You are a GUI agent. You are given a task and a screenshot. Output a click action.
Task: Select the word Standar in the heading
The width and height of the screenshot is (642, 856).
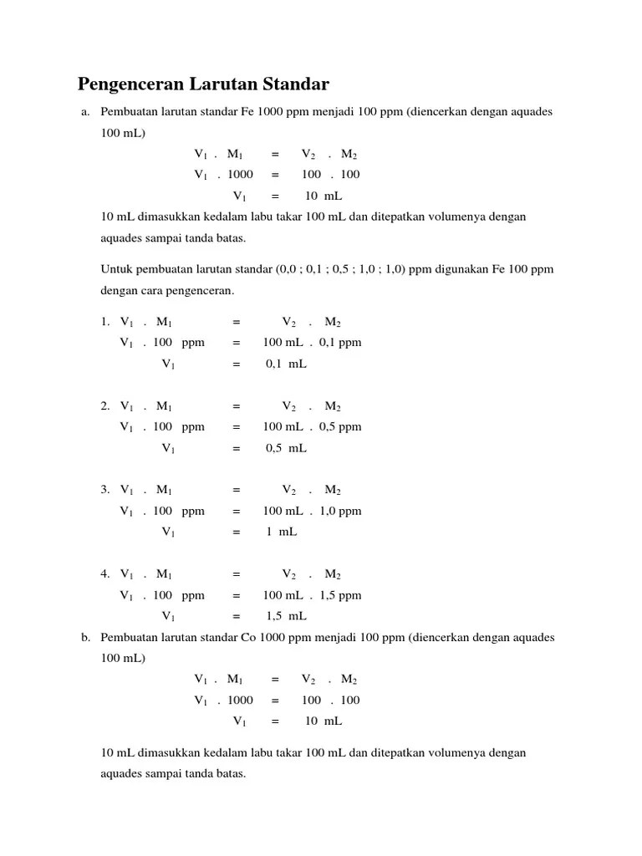click(295, 84)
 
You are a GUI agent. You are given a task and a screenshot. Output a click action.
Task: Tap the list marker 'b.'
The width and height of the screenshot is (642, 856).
click(85, 638)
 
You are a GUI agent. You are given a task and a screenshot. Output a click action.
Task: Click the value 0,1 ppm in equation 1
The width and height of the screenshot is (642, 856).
click(340, 343)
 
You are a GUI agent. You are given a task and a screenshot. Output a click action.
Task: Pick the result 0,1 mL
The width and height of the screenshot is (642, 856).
click(286, 364)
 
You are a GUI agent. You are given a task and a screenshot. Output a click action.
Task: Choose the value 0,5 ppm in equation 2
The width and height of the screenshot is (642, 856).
click(340, 427)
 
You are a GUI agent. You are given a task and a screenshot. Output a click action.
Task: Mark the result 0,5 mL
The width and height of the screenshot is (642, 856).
click(286, 448)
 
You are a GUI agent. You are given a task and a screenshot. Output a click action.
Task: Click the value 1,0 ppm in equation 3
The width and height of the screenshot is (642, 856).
click(340, 511)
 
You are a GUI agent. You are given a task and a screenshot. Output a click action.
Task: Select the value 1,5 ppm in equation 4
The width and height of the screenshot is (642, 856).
click(340, 595)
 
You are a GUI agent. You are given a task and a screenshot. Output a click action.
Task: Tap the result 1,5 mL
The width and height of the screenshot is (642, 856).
click(286, 616)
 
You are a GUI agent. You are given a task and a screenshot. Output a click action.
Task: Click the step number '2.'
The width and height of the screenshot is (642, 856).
click(105, 406)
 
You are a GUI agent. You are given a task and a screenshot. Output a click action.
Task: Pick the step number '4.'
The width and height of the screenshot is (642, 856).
click(105, 574)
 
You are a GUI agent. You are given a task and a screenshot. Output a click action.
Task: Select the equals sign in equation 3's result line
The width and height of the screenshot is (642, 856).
click(237, 532)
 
